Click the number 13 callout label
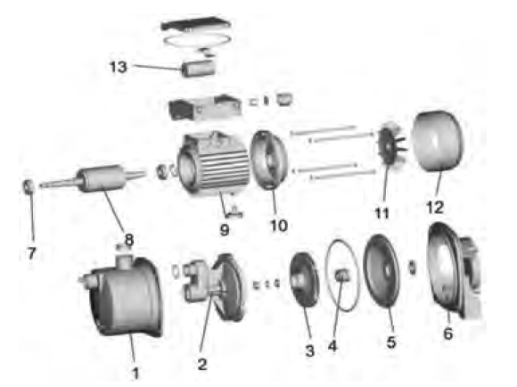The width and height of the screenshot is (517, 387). click(118, 67)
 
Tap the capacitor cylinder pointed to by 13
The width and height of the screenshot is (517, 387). click(199, 69)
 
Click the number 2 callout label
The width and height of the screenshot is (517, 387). click(202, 364)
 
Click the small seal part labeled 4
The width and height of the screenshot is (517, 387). click(342, 275)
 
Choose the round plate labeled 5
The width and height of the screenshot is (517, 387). click(382, 270)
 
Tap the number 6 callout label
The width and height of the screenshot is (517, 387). click(447, 333)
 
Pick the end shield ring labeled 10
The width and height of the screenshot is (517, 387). click(267, 161)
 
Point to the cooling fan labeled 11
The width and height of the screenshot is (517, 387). click(390, 147)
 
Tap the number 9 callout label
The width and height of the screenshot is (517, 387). click(225, 230)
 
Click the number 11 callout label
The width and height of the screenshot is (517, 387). click(382, 213)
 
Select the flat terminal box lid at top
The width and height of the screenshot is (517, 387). click(196, 25)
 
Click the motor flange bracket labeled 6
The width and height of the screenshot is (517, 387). click(455, 269)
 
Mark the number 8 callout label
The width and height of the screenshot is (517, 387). click(129, 240)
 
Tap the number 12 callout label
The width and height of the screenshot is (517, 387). click(435, 208)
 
